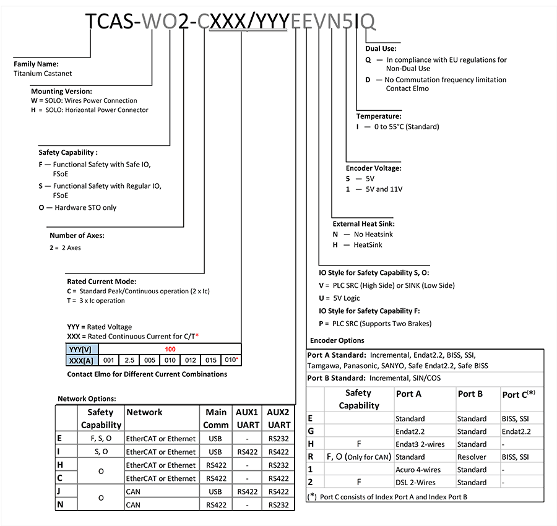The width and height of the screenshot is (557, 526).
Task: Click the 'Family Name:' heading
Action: (x=36, y=63)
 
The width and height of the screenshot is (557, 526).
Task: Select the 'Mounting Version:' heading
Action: (x=61, y=91)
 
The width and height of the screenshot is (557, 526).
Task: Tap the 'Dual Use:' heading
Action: (x=381, y=48)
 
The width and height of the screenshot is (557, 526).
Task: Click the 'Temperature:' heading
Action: (x=379, y=116)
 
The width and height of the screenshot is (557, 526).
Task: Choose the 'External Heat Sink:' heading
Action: (x=363, y=223)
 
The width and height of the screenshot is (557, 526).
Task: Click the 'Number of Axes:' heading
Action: (x=77, y=235)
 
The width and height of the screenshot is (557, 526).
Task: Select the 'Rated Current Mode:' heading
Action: (x=101, y=281)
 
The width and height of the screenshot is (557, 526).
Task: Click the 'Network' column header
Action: (x=144, y=412)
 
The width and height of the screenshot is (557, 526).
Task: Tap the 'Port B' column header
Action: (x=470, y=394)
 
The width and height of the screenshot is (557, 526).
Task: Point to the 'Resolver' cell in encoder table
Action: (x=472, y=457)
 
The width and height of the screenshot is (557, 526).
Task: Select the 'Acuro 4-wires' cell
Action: (x=418, y=470)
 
